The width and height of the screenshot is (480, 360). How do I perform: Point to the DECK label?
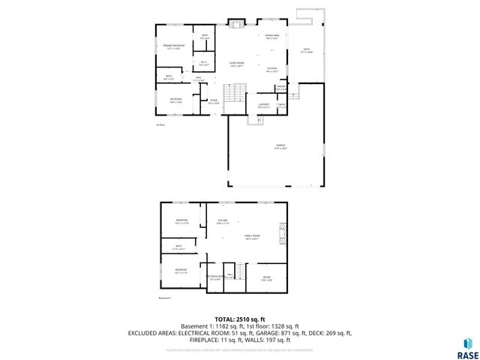(x=307, y=51)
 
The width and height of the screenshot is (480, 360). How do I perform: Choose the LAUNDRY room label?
(x=263, y=105)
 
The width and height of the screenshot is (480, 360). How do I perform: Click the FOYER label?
(x=213, y=102)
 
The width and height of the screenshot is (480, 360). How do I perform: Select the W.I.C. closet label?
(x=203, y=63)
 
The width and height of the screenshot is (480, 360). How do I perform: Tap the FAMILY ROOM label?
(x=252, y=238)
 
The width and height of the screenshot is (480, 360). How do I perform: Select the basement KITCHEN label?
(x=223, y=221)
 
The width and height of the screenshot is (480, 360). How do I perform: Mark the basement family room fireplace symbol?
(x=283, y=233)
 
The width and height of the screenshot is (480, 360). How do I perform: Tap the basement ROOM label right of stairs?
(x=266, y=278)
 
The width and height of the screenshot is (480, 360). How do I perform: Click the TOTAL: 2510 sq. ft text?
(x=240, y=319)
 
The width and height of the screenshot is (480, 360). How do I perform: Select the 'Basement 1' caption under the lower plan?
(x=166, y=298)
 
